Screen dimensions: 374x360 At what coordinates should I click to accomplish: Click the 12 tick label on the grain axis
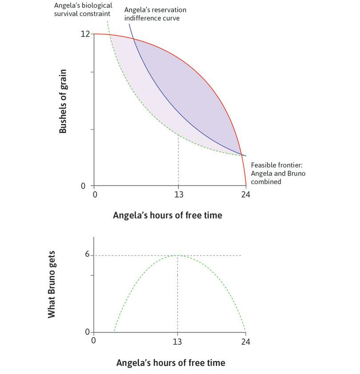85,34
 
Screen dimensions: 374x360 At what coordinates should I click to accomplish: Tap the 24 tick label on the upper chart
246,195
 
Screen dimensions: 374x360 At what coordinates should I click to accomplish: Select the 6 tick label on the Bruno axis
87,255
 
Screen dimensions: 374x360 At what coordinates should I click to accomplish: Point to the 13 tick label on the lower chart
178,342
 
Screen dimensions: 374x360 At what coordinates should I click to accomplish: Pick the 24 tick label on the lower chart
246,342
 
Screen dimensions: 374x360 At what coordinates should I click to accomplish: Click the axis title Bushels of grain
63,101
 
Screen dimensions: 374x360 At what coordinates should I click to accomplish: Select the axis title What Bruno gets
52,290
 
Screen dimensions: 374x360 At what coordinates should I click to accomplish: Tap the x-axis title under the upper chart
168,215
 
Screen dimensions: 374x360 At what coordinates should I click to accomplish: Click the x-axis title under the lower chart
171,362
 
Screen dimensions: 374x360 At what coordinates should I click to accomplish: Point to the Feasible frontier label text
278,173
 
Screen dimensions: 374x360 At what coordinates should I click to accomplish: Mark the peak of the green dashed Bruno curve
178,255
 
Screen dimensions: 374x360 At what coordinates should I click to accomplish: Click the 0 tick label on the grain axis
83,186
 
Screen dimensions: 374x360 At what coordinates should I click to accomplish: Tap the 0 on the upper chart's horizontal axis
94,195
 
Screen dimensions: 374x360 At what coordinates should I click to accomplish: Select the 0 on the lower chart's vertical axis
87,332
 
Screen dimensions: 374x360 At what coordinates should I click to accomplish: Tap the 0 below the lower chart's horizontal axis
94,342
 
